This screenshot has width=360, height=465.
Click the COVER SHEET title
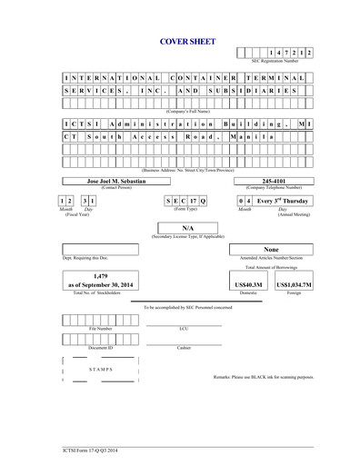180,41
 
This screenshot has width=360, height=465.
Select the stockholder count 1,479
102,273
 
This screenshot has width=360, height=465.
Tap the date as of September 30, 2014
102,284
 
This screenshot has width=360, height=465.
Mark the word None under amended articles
270,249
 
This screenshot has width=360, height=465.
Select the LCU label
183,329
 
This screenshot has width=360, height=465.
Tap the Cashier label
183,348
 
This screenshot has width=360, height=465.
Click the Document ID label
100,348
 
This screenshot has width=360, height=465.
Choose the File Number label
100,329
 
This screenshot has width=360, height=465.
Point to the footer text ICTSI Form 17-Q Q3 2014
55,449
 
